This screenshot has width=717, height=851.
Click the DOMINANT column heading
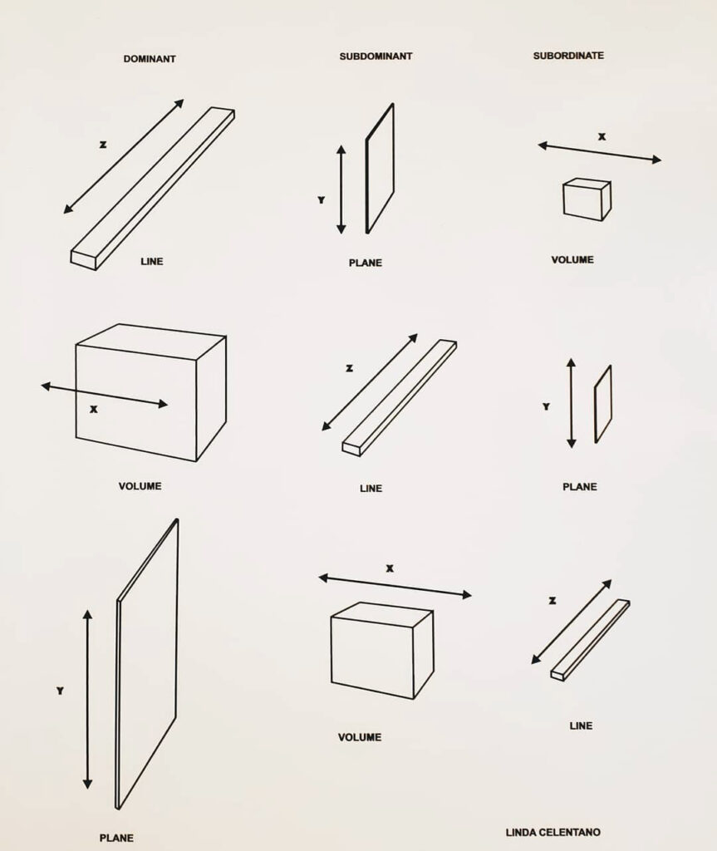pos(150,59)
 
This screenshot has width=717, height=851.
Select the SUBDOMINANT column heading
pos(376,57)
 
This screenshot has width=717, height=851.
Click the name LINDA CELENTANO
pos(552,832)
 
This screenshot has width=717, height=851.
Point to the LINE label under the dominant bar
pos(152,262)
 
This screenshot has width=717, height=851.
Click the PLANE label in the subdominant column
pos(366,263)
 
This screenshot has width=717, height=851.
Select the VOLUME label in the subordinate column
pos(572,260)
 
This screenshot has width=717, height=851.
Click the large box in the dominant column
pos(150,391)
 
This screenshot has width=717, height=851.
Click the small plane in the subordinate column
pos(603,404)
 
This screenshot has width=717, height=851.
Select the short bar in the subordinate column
pos(590,639)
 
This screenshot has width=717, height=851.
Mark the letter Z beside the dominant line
pos(103,145)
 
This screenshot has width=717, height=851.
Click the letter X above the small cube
pos(602,137)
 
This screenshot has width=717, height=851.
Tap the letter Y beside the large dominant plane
pos(60,691)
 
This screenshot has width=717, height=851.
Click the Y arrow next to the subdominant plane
pos(341,189)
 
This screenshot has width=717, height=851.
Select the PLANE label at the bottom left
pos(116,838)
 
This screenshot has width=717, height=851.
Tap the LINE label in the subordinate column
pos(581,726)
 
